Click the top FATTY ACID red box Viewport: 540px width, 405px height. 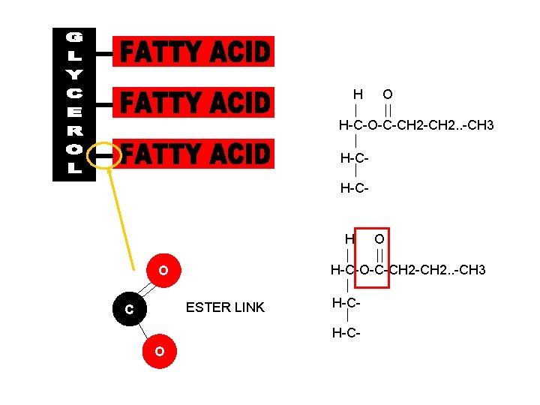pos(193,52)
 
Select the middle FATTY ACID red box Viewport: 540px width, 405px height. pos(193,102)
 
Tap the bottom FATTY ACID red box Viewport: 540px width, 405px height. pos(193,154)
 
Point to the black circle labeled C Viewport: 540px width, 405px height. pos(130,308)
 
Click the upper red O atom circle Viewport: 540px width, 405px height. pos(162,270)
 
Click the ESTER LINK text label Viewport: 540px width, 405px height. pos(225,307)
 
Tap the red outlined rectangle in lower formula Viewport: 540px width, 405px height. pos(372,256)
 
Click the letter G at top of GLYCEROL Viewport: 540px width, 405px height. pos(74,37)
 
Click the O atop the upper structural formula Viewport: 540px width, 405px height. pos(387,94)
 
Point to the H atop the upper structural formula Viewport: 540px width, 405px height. pos(358,94)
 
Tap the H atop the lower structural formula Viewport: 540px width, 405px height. pos(349,238)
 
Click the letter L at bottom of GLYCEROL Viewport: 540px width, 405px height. pos(74,169)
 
